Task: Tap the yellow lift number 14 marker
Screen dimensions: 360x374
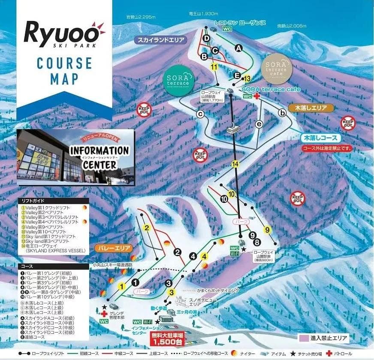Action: pyautogui.click(x=234, y=163)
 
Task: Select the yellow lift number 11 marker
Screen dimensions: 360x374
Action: pyautogui.click(x=214, y=67)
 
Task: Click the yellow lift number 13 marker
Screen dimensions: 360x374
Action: pyautogui.click(x=246, y=79)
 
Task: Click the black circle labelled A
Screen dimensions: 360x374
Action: pyautogui.click(x=239, y=48)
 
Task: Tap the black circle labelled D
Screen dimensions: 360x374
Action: pyautogui.click(x=206, y=39)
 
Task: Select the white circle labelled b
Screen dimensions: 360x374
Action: pyautogui.click(x=282, y=113)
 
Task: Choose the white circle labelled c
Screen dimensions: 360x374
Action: pyautogui.click(x=200, y=114)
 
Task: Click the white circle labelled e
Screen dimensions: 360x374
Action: pyautogui.click(x=259, y=124)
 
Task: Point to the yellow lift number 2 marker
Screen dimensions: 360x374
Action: pyautogui.click(x=147, y=228)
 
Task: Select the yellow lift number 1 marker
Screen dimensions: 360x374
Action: pyautogui.click(x=121, y=286)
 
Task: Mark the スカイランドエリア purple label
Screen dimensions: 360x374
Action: pyautogui.click(x=161, y=40)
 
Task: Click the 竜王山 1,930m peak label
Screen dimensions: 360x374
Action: pyautogui.click(x=204, y=13)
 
